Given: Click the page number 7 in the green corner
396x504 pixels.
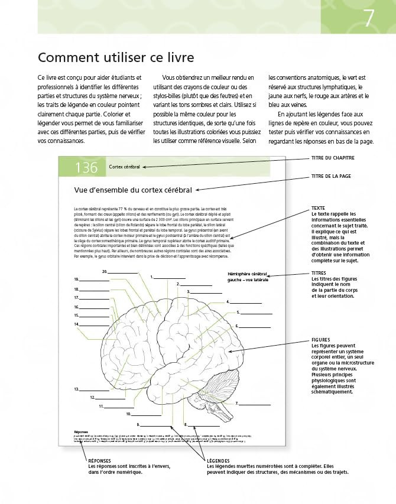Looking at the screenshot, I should pyautogui.click(x=369, y=18).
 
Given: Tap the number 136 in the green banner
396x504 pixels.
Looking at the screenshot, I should pyautogui.click(x=86, y=167).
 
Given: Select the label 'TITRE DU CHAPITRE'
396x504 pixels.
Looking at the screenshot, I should pyautogui.click(x=333, y=158).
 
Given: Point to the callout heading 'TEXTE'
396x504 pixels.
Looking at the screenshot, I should pyautogui.click(x=318, y=209).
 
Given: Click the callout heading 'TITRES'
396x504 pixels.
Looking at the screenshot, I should pyautogui.click(x=320, y=274).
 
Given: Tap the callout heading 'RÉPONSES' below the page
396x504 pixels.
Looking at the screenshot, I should pyautogui.click(x=99, y=460).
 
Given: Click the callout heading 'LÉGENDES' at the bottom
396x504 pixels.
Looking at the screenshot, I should pyautogui.click(x=220, y=460).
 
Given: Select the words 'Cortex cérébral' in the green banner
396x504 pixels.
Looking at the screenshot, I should pyautogui.click(x=125, y=167).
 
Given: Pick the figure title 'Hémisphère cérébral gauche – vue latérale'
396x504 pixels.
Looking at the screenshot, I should pyautogui.click(x=248, y=277).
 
